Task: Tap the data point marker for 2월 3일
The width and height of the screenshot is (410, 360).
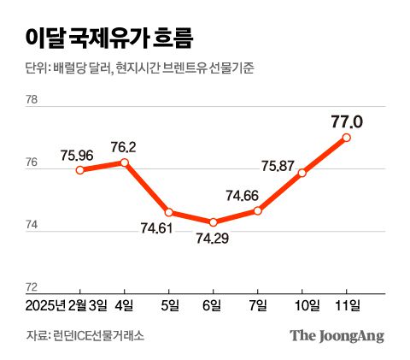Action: pos(79,170)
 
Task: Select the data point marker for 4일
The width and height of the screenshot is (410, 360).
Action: pos(125,162)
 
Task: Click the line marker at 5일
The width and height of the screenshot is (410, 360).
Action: pos(169,212)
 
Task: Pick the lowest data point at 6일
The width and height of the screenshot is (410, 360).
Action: pos(214,222)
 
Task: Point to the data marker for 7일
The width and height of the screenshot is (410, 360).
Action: pos(258,210)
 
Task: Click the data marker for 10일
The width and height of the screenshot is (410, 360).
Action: pos(302,173)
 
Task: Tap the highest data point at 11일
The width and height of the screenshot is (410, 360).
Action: pos(347,137)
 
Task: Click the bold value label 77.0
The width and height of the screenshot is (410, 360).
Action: pos(347,122)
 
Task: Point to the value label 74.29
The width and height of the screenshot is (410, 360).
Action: pos(214,239)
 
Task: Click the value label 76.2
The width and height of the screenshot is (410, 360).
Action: pos(125,146)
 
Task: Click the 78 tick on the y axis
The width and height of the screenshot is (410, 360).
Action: pos(32,100)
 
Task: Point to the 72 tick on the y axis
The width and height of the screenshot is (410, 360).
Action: pos(32,286)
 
